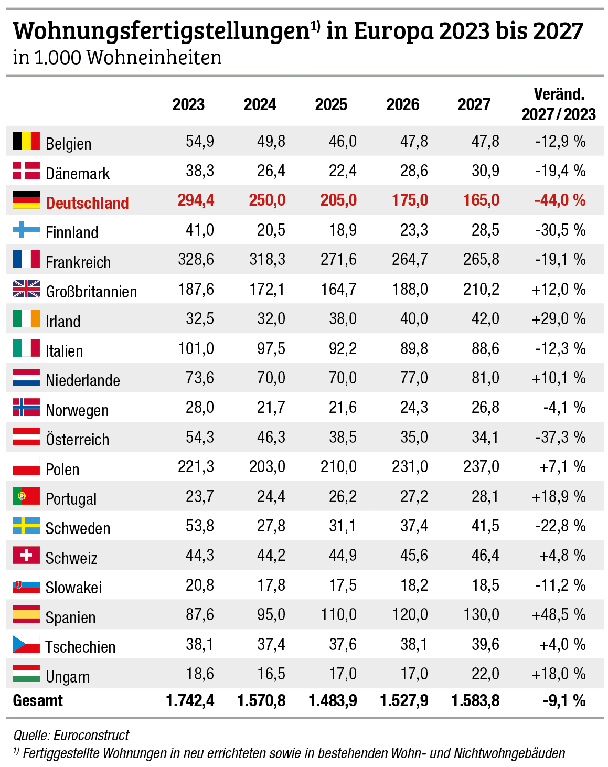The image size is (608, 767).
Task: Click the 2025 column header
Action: pyautogui.click(x=331, y=104)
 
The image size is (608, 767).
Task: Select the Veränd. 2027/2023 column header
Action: pyautogui.click(x=559, y=104)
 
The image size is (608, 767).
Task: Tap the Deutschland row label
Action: pyautogui.click(x=87, y=203)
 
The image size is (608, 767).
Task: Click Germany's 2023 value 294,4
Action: pyautogui.click(x=196, y=200)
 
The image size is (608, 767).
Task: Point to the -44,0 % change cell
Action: pyautogui.click(x=560, y=200)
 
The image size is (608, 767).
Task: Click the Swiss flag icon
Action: pyautogui.click(x=26, y=555)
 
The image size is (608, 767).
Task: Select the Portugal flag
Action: pyautogui.click(x=26, y=496)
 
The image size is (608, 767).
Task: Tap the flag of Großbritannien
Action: pyautogui.click(x=26, y=289)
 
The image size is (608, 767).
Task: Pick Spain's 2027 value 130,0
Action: pyautogui.click(x=481, y=614)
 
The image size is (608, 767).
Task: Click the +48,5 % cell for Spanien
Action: pyautogui.click(x=558, y=614)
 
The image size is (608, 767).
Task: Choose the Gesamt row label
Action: pyautogui.click(x=38, y=701)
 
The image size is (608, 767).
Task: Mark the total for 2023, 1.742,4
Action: pyautogui.click(x=190, y=701)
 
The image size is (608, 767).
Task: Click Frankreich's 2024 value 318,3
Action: pyautogui.click(x=267, y=260)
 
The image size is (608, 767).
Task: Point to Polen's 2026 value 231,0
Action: pyautogui.click(x=410, y=466)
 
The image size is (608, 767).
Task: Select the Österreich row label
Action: pyautogui.click(x=78, y=440)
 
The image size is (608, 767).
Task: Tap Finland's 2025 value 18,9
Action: pyautogui.click(x=343, y=230)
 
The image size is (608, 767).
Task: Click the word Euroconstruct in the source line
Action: pyautogui.click(x=91, y=735)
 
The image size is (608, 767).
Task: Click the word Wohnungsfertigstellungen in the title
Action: pyautogui.click(x=161, y=31)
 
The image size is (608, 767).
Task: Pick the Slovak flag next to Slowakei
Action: pyautogui.click(x=26, y=585)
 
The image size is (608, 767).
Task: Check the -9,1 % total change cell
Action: pyautogui.click(x=564, y=701)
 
